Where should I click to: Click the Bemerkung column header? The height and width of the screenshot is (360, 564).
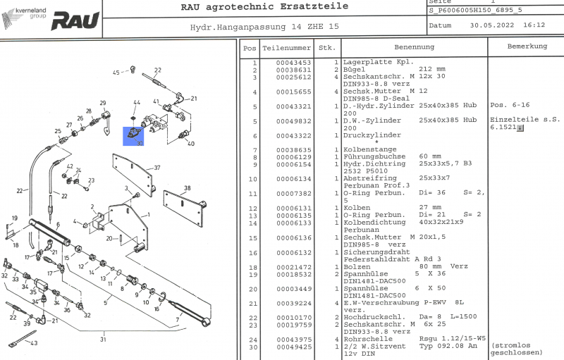[527, 46]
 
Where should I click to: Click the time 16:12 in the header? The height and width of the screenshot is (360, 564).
[534, 25]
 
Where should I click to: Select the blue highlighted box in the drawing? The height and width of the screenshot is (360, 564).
[133, 136]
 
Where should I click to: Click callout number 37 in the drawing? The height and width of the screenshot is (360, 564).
[157, 168]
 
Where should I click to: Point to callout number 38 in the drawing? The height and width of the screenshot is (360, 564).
[187, 188]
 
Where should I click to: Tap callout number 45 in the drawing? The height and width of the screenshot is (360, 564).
[116, 72]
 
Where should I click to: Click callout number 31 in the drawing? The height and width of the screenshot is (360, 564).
[102, 340]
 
